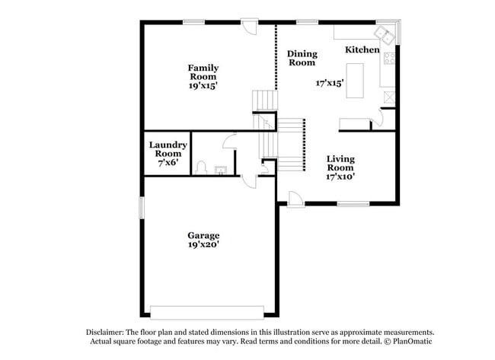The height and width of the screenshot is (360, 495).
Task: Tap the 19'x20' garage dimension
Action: point(204,246)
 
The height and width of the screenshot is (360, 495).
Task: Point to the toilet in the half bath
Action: point(202,167)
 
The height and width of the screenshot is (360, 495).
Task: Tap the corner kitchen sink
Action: point(385,34)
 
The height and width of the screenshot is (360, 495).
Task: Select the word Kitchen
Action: point(362,49)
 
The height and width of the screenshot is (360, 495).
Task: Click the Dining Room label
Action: point(302,58)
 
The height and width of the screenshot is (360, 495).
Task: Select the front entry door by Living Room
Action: point(295,197)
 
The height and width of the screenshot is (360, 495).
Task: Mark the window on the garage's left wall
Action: point(141,207)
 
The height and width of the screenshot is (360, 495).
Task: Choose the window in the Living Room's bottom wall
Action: point(353,204)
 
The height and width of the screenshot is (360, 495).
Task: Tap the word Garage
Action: point(204,235)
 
